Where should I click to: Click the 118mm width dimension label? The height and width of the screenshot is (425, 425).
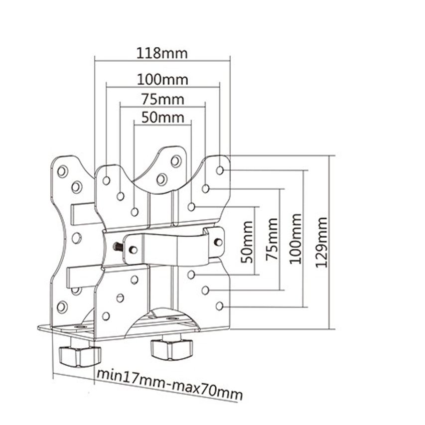tap(162, 53)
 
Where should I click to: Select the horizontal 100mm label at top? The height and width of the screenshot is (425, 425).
tap(162, 80)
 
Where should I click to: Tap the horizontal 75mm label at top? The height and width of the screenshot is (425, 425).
tap(162, 99)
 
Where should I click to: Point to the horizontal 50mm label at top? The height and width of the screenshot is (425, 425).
tap(162, 118)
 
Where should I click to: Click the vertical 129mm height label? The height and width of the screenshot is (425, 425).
tap(322, 242)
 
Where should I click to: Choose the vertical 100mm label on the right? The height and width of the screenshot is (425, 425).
tap(295, 239)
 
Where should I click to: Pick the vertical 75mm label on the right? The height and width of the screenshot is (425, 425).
tap(272, 239)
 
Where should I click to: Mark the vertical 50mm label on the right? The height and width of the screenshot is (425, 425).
tap(247, 242)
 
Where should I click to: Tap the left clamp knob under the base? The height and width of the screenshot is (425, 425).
tap(79, 356)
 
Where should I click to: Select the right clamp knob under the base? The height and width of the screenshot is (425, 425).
tap(171, 349)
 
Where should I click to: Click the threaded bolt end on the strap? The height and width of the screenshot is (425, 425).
tap(118, 247)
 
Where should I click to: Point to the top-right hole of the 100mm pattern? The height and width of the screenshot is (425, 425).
tap(220, 170)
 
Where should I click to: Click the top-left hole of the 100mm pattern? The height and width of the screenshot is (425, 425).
tap(107, 180)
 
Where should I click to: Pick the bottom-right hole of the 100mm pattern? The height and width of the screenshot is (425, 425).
tap(220, 306)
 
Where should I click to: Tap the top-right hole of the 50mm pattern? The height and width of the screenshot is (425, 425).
tap(191, 207)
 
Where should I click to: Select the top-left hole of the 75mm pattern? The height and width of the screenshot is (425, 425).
tap(121, 196)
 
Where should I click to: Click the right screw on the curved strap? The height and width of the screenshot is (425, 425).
tap(218, 242)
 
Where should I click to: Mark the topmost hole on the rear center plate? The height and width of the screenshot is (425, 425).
tap(176, 161)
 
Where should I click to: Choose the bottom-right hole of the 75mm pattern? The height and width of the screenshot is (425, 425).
tap(205, 290)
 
